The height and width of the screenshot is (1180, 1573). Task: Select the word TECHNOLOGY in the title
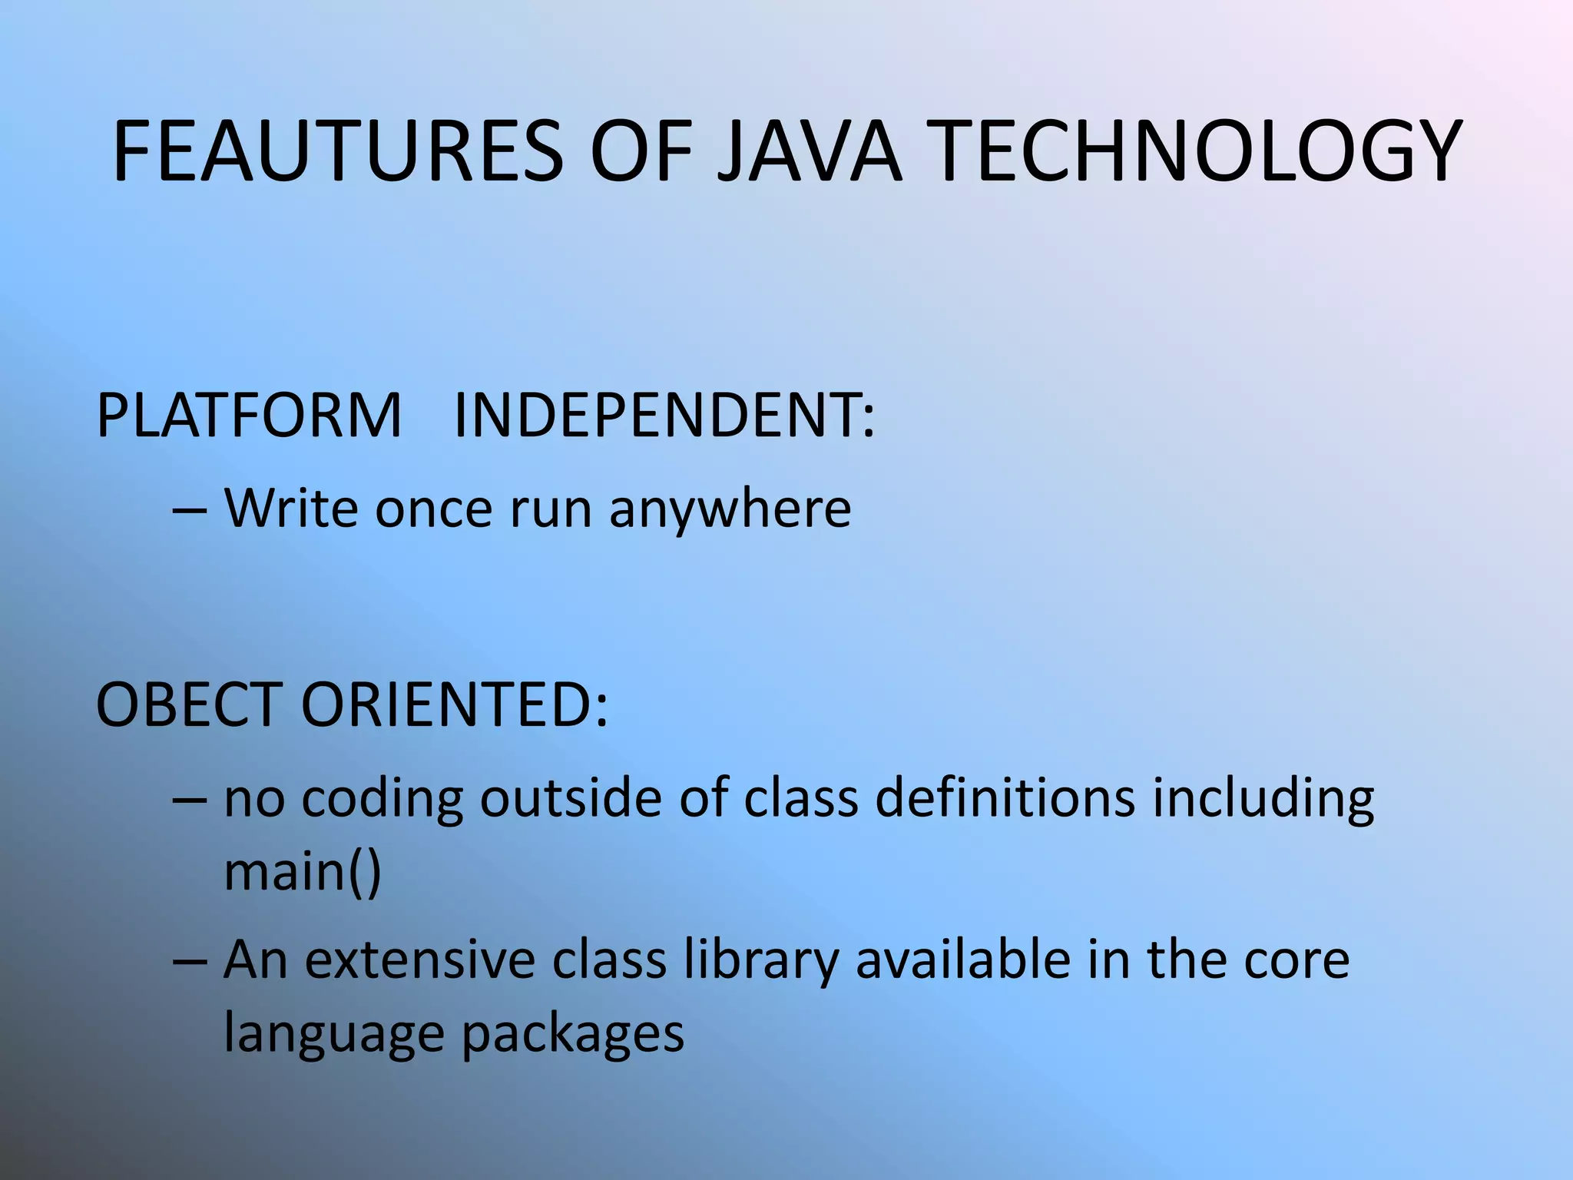click(1197, 152)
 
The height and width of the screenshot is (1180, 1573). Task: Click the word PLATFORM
click(249, 416)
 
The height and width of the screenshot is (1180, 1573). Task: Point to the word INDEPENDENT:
click(664, 416)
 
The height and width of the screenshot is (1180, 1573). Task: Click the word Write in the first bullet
click(291, 509)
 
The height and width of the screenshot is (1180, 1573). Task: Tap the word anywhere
click(730, 510)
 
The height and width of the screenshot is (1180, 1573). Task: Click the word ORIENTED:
click(454, 704)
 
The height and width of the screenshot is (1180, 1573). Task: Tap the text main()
click(303, 871)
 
